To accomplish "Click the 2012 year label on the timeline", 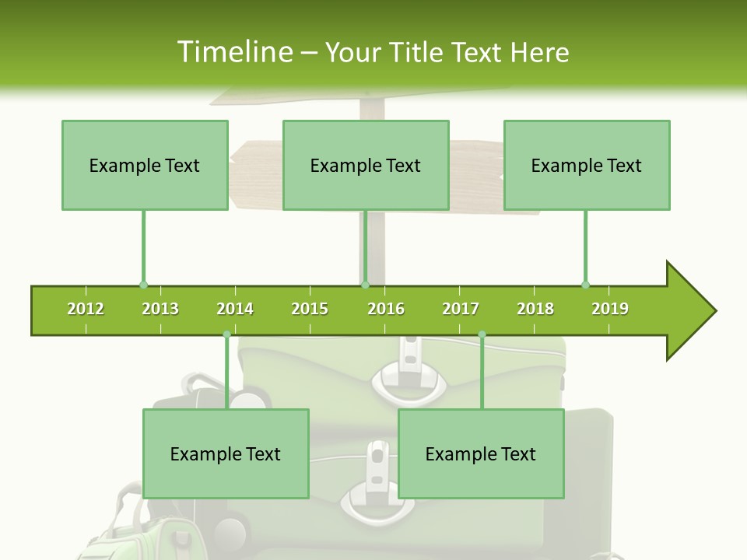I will (x=86, y=309).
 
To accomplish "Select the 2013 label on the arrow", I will (x=160, y=309).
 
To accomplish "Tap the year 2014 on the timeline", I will (x=235, y=309).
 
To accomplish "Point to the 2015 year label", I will (x=310, y=309).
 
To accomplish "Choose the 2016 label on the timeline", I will (x=386, y=309).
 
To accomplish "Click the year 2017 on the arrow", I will (x=461, y=309).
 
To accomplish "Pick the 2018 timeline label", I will (x=535, y=309).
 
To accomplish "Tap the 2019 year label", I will (x=610, y=309).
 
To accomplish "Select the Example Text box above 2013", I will (x=145, y=165).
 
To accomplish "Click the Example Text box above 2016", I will (x=366, y=165).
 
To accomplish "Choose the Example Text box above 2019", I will (x=587, y=165).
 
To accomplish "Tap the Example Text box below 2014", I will (x=226, y=453).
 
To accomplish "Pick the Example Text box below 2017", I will (x=481, y=453).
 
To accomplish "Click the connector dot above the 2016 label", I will (x=365, y=285).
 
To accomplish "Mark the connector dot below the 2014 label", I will (x=226, y=334).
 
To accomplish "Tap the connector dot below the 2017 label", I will (x=482, y=334).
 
